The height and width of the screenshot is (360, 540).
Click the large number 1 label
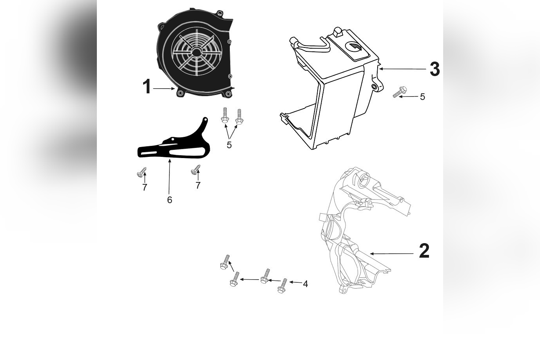[x=147, y=87]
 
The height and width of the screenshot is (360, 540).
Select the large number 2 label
[x=424, y=251]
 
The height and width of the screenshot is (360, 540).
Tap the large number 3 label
[x=435, y=69]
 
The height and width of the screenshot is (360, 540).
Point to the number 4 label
[x=305, y=284]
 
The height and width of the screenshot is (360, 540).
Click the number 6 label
[x=169, y=200]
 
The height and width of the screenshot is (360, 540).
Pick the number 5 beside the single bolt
[x=422, y=97]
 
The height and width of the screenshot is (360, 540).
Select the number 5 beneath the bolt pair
[x=229, y=145]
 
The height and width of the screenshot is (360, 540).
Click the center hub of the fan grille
[x=196, y=51]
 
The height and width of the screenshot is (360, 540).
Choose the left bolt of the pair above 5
[x=225, y=117]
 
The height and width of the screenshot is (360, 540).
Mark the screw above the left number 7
[x=142, y=172]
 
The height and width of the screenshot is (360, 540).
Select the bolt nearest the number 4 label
[x=282, y=286]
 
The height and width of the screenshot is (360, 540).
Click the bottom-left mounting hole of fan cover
[x=180, y=94]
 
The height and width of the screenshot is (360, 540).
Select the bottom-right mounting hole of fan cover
[x=227, y=94]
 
